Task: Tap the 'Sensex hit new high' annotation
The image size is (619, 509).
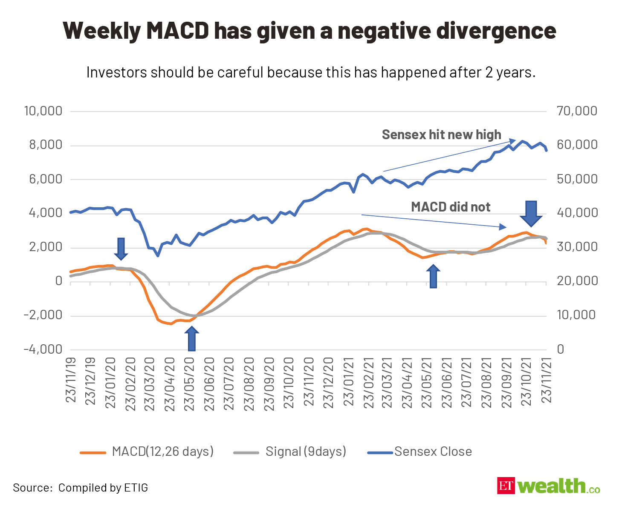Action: pos(441,134)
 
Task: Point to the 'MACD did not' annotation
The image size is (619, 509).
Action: pos(451,207)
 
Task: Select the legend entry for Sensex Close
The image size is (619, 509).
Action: pos(433,452)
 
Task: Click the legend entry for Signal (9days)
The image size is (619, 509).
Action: pos(306,452)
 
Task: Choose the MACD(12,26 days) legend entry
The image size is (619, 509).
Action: pos(162,452)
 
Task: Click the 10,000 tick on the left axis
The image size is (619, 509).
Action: pos(43,112)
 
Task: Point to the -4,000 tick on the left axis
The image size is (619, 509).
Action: pos(43,349)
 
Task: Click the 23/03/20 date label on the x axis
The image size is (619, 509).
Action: pos(150,383)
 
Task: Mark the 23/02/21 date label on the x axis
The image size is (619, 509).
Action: pos(368,383)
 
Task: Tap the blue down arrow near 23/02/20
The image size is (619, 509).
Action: pos(121,249)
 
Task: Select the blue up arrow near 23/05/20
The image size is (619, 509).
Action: pos(192,339)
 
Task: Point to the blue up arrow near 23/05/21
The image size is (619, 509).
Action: pos(434,277)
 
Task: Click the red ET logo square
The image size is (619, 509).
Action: pos(506,486)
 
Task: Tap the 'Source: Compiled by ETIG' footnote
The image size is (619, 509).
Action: pos(81,488)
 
